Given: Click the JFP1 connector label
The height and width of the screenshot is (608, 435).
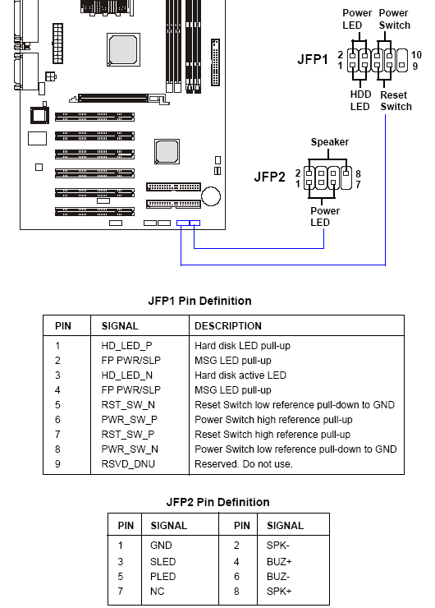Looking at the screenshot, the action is pos(313,59).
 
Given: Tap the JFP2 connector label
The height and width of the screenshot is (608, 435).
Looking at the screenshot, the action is pos(269,177).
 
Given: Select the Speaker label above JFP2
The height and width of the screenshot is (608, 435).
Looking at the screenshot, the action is pos(330,142).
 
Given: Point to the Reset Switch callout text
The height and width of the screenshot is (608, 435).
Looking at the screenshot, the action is pos(396,101).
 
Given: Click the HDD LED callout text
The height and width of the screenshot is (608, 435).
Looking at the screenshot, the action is pos(360,100).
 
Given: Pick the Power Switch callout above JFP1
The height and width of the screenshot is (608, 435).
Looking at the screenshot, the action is pos(394,19).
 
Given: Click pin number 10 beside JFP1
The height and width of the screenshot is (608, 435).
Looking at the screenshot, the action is pos(416,55).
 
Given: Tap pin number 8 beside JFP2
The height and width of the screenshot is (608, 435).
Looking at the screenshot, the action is pos(359,173).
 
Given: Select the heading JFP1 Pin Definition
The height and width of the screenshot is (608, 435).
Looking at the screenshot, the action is pos(200,301).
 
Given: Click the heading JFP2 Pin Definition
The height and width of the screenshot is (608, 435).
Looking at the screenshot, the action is pos(217,502).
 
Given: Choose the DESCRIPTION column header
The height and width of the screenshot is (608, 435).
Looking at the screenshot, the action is pos(228,325).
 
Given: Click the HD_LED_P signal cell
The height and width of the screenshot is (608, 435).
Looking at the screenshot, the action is pos(126,345).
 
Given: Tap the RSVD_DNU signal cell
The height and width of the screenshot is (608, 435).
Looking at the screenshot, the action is pos(128,463).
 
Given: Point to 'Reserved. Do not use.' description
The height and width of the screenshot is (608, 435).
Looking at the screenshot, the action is pos(244,463).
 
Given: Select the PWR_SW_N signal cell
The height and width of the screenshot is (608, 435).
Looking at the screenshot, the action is pos(130,449).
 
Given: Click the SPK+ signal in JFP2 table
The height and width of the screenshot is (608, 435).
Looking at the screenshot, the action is pos(279,592).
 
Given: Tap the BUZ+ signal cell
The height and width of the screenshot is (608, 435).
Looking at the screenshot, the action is pos(279,561).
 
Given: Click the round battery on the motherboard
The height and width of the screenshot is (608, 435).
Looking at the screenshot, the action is pos(211,196).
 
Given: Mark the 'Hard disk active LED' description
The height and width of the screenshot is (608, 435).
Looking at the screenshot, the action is pos(240,375).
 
